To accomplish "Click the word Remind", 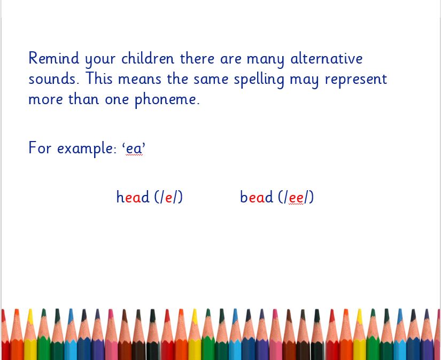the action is coord(53,58).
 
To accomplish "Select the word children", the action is coord(148,58).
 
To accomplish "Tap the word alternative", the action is coord(326,58).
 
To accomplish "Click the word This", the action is coord(99,78).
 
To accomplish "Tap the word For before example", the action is coord(40,147).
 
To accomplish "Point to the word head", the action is coord(133,197).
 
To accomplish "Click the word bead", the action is coord(257,197).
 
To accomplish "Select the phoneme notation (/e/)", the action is coord(168,197).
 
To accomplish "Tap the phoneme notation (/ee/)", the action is coord(296,197).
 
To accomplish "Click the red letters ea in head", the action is coord(133,198).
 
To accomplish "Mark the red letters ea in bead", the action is coord(256,198).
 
